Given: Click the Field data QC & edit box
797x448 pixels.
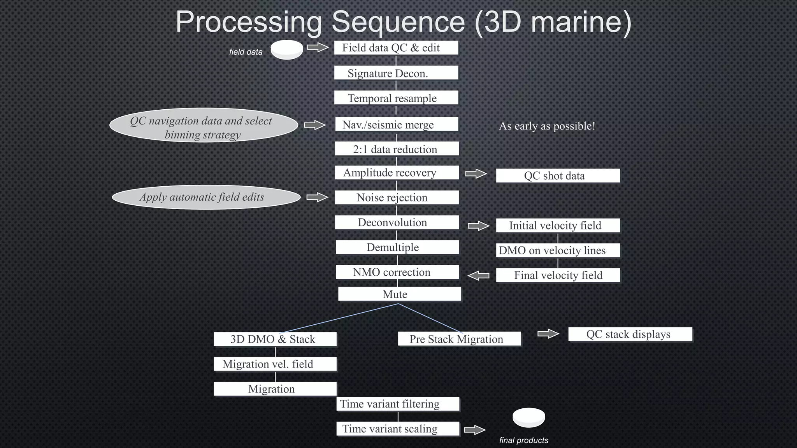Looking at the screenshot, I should tap(396, 48).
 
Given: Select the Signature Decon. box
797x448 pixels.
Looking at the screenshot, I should tap(396, 73).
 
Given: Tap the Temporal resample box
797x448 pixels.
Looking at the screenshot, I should tap(396, 98).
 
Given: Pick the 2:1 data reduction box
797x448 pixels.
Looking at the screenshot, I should tap(397, 149).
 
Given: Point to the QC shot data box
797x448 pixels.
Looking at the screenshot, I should tap(558, 175).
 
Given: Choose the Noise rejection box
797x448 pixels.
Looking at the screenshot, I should tap(397, 198).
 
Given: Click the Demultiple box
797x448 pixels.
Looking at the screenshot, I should tap(397, 247).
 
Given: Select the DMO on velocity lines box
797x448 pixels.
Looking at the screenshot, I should tap(558, 250).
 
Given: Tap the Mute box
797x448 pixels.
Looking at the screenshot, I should tap(399, 294).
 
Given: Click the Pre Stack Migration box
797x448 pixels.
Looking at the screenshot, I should tap(459, 339).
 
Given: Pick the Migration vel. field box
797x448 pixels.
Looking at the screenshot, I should tap(275, 364).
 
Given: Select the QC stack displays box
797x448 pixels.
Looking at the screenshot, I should tap(630, 334).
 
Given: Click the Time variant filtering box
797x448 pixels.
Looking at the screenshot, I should tap(398, 404).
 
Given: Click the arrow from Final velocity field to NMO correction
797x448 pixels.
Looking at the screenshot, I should tap(478, 276).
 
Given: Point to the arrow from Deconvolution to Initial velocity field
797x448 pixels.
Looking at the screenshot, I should tap(478, 226).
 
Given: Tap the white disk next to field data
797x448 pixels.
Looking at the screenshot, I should tap(287, 50).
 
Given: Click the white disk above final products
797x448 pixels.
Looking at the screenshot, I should tap(528, 418).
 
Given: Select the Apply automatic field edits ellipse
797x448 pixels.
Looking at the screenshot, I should tap(206, 197).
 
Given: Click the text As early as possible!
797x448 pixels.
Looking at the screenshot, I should tap(547, 126).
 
